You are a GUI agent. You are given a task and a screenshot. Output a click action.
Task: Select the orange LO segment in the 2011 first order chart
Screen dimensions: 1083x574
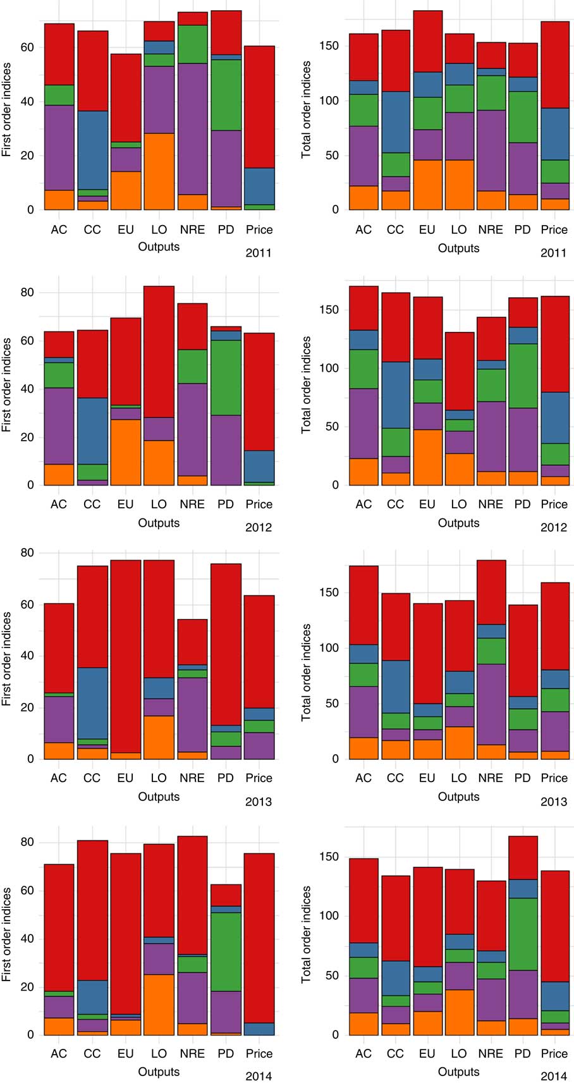tap(159, 171)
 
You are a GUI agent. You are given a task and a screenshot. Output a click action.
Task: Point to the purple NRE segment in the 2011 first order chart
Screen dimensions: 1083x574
tap(192, 129)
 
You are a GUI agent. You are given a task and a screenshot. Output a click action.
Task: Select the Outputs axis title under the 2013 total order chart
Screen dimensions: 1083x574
tap(458, 797)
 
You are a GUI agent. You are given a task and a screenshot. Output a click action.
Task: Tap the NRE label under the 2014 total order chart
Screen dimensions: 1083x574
tap(491, 1053)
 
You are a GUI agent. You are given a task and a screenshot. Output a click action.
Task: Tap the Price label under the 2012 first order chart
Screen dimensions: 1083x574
tap(259, 504)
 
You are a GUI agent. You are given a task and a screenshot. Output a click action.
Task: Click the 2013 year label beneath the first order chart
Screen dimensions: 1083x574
tap(259, 802)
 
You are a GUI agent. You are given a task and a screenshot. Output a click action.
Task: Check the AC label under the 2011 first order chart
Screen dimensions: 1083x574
tap(59, 229)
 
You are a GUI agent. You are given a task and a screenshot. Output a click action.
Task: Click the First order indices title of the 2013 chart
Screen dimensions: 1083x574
tap(7, 658)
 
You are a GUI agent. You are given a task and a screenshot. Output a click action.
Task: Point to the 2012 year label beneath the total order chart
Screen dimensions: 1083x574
tap(554, 527)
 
